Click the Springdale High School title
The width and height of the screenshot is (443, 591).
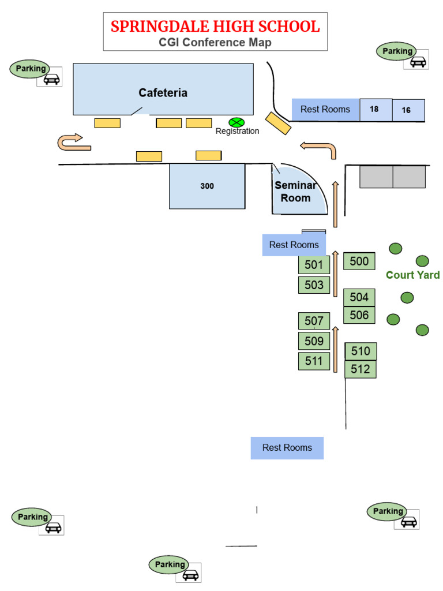click(x=215, y=27)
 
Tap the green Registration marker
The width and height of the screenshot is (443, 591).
click(x=236, y=122)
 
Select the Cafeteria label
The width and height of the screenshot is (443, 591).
click(x=163, y=93)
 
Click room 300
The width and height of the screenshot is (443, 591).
click(x=207, y=186)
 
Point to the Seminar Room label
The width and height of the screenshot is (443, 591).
click(x=295, y=192)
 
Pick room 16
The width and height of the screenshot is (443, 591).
click(x=407, y=110)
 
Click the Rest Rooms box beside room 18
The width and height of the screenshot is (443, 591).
click(x=325, y=110)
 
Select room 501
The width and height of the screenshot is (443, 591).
click(x=314, y=265)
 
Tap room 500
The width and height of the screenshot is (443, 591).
click(x=359, y=261)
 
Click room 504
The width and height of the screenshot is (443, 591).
click(x=359, y=297)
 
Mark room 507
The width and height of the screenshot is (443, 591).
click(x=314, y=321)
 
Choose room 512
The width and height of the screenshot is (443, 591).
click(x=360, y=369)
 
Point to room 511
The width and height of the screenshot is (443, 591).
click(x=314, y=361)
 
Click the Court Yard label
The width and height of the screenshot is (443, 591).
click(x=412, y=275)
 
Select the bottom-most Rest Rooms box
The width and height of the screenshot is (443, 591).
click(x=287, y=448)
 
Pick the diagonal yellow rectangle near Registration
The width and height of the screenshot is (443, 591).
click(x=278, y=124)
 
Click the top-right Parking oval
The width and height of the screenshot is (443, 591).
click(x=397, y=51)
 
